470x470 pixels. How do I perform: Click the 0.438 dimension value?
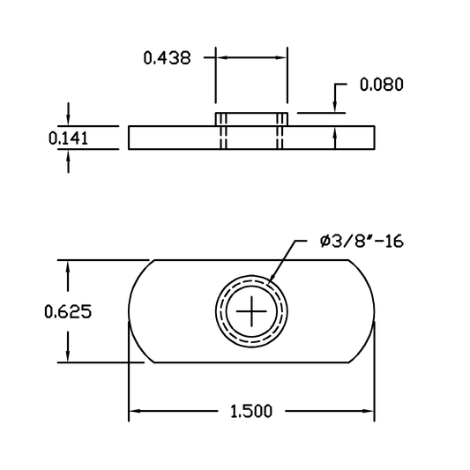[167, 58]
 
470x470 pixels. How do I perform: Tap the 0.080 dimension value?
[382, 85]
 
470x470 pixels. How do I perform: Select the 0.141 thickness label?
[69, 138]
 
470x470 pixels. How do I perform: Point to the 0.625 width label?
[68, 311]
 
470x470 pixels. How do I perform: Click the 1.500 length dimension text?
[251, 411]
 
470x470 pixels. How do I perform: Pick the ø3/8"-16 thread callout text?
[362, 242]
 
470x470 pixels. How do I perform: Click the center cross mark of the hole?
[251, 311]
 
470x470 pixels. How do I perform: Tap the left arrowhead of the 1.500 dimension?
[134, 411]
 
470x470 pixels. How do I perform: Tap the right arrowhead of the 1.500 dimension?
[369, 411]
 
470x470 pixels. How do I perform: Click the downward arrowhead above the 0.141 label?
[69, 120]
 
